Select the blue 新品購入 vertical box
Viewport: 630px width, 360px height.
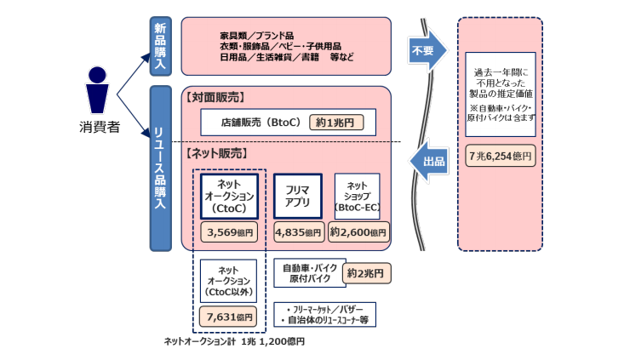tap(160, 45)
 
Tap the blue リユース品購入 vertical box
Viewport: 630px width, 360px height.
tap(160, 167)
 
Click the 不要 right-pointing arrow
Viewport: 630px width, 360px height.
tap(427, 49)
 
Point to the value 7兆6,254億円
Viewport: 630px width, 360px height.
tap(501, 157)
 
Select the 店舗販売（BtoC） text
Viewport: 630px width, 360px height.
tap(260, 122)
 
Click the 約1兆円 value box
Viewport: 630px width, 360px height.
tap(335, 122)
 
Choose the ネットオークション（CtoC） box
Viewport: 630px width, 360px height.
tap(228, 196)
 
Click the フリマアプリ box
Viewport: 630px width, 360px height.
tap(297, 197)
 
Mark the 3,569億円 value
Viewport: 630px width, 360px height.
tap(228, 231)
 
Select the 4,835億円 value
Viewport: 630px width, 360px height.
tap(297, 231)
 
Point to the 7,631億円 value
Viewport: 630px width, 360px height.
tap(228, 317)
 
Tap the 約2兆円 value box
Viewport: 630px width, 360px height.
tap(367, 273)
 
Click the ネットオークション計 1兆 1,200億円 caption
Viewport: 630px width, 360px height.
tap(233, 341)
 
